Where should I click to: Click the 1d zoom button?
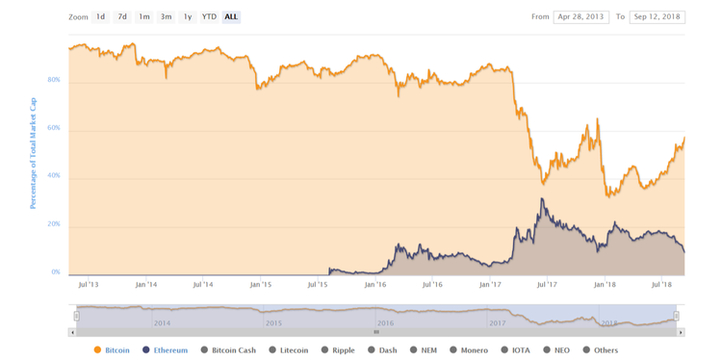[100, 17]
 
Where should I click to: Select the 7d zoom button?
[122, 17]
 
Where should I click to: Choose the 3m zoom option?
[166, 17]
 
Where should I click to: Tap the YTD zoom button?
[209, 17]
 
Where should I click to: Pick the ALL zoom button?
[231, 17]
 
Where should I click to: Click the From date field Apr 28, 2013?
[581, 17]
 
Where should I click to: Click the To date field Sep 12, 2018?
[658, 17]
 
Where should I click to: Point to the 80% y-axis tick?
[54, 80]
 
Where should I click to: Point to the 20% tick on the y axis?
[54, 224]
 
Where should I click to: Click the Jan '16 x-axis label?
[375, 285]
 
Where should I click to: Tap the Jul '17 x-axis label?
[547, 285]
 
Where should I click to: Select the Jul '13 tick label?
[88, 285]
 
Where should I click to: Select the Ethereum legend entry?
[170, 350]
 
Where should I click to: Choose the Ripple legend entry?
[343, 350]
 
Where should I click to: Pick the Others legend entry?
[606, 350]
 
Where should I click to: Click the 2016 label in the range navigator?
[385, 323]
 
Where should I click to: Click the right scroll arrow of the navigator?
[681, 332]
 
